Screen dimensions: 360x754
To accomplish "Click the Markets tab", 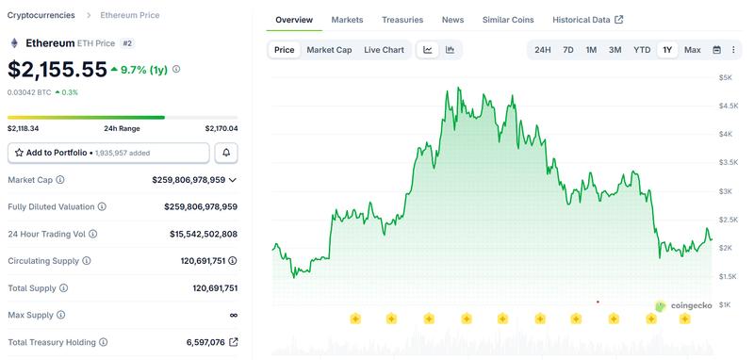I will click(347, 20).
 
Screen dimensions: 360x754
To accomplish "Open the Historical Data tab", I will click(581, 20).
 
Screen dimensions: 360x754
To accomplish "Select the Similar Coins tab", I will click(508, 20).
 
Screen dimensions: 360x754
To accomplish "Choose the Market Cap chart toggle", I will click(329, 50).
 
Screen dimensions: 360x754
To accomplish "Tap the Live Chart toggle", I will click(384, 50).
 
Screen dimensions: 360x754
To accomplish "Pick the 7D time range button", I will click(567, 50).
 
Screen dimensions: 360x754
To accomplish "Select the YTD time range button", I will click(642, 50).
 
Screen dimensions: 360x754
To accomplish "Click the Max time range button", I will click(692, 50).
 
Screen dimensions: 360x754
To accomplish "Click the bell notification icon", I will click(226, 152).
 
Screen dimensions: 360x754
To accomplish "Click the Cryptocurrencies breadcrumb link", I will click(41, 15).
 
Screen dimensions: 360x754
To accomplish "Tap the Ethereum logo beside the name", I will click(14, 43).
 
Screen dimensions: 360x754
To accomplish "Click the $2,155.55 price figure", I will click(57, 69).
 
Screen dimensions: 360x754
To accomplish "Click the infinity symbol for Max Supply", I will click(233, 315).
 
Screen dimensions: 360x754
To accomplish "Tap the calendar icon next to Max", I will click(716, 50).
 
